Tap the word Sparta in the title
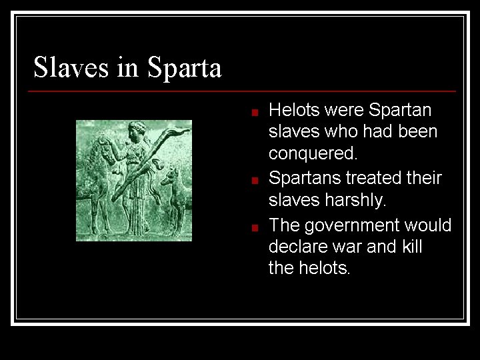(x=184, y=69)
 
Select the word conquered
(x=313, y=154)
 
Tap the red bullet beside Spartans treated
(x=254, y=180)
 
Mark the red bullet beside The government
(x=254, y=227)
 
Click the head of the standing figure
(x=138, y=128)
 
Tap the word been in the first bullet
(x=418, y=132)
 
